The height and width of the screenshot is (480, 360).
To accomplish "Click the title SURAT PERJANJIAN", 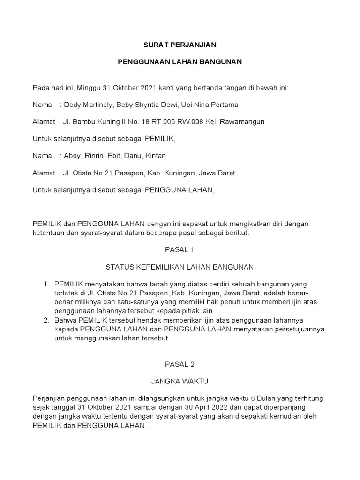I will pos(180,45).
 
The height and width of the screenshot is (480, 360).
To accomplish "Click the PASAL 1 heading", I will pos(180,250).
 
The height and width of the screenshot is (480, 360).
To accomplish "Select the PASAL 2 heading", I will pos(180,364).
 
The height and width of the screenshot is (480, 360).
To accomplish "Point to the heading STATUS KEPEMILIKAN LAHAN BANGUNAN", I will pos(180,267).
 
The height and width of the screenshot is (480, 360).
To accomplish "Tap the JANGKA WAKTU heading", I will pos(180,381).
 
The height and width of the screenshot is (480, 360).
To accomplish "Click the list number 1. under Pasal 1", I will pos(46,285).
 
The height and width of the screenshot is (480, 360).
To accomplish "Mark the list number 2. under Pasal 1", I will pos(46,320).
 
